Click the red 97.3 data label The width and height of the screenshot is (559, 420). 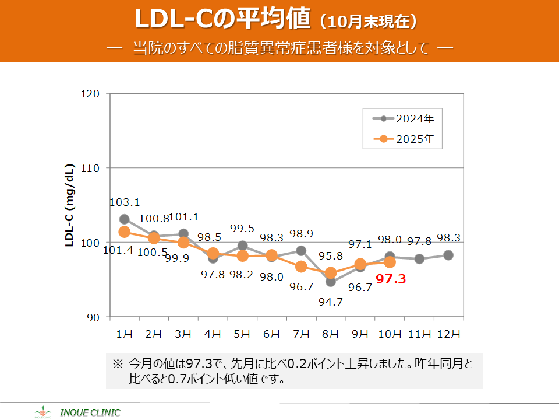(x=390, y=280)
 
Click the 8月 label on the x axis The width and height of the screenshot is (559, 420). (x=331, y=334)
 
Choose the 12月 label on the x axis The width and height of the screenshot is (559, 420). (x=448, y=334)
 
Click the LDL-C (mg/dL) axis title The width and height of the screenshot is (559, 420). (x=69, y=205)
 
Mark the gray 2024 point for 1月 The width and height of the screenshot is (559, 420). (x=125, y=219)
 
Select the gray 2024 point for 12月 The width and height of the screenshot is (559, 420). (x=448, y=255)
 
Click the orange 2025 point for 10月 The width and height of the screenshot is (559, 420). (x=390, y=262)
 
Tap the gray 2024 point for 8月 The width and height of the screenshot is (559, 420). (x=331, y=282)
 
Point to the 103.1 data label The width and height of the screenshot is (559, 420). (x=125, y=203)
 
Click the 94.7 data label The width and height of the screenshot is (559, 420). (x=331, y=302)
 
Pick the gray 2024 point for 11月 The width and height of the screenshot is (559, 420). (x=419, y=258)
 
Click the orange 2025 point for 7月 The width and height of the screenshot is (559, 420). (x=301, y=267)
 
